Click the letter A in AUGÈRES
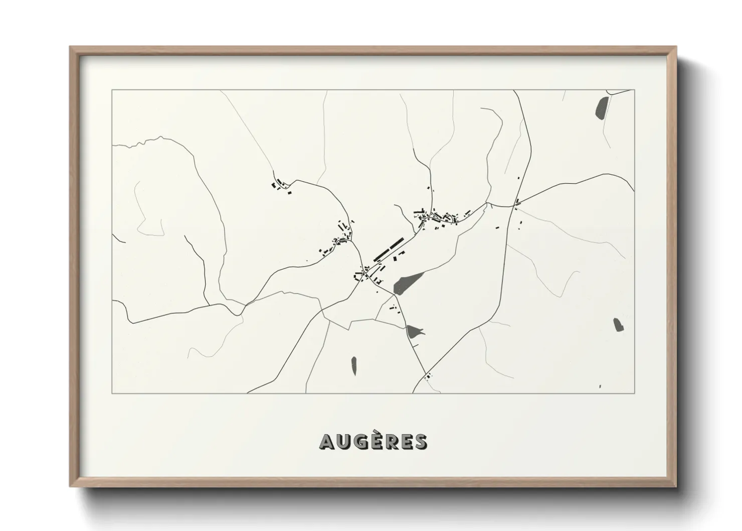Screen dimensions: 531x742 pyautogui.click(x=328, y=442)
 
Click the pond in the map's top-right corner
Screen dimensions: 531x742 pyautogui.click(x=601, y=107)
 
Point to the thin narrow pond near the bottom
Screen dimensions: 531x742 pyautogui.click(x=354, y=366)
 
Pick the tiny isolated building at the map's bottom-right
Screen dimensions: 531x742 pyautogui.click(x=600, y=386)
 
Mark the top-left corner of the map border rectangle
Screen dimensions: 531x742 pyautogui.click(x=112, y=90)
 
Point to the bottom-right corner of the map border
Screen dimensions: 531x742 pyautogui.click(x=635, y=393)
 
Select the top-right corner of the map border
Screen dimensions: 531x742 pyautogui.click(x=635, y=90)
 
